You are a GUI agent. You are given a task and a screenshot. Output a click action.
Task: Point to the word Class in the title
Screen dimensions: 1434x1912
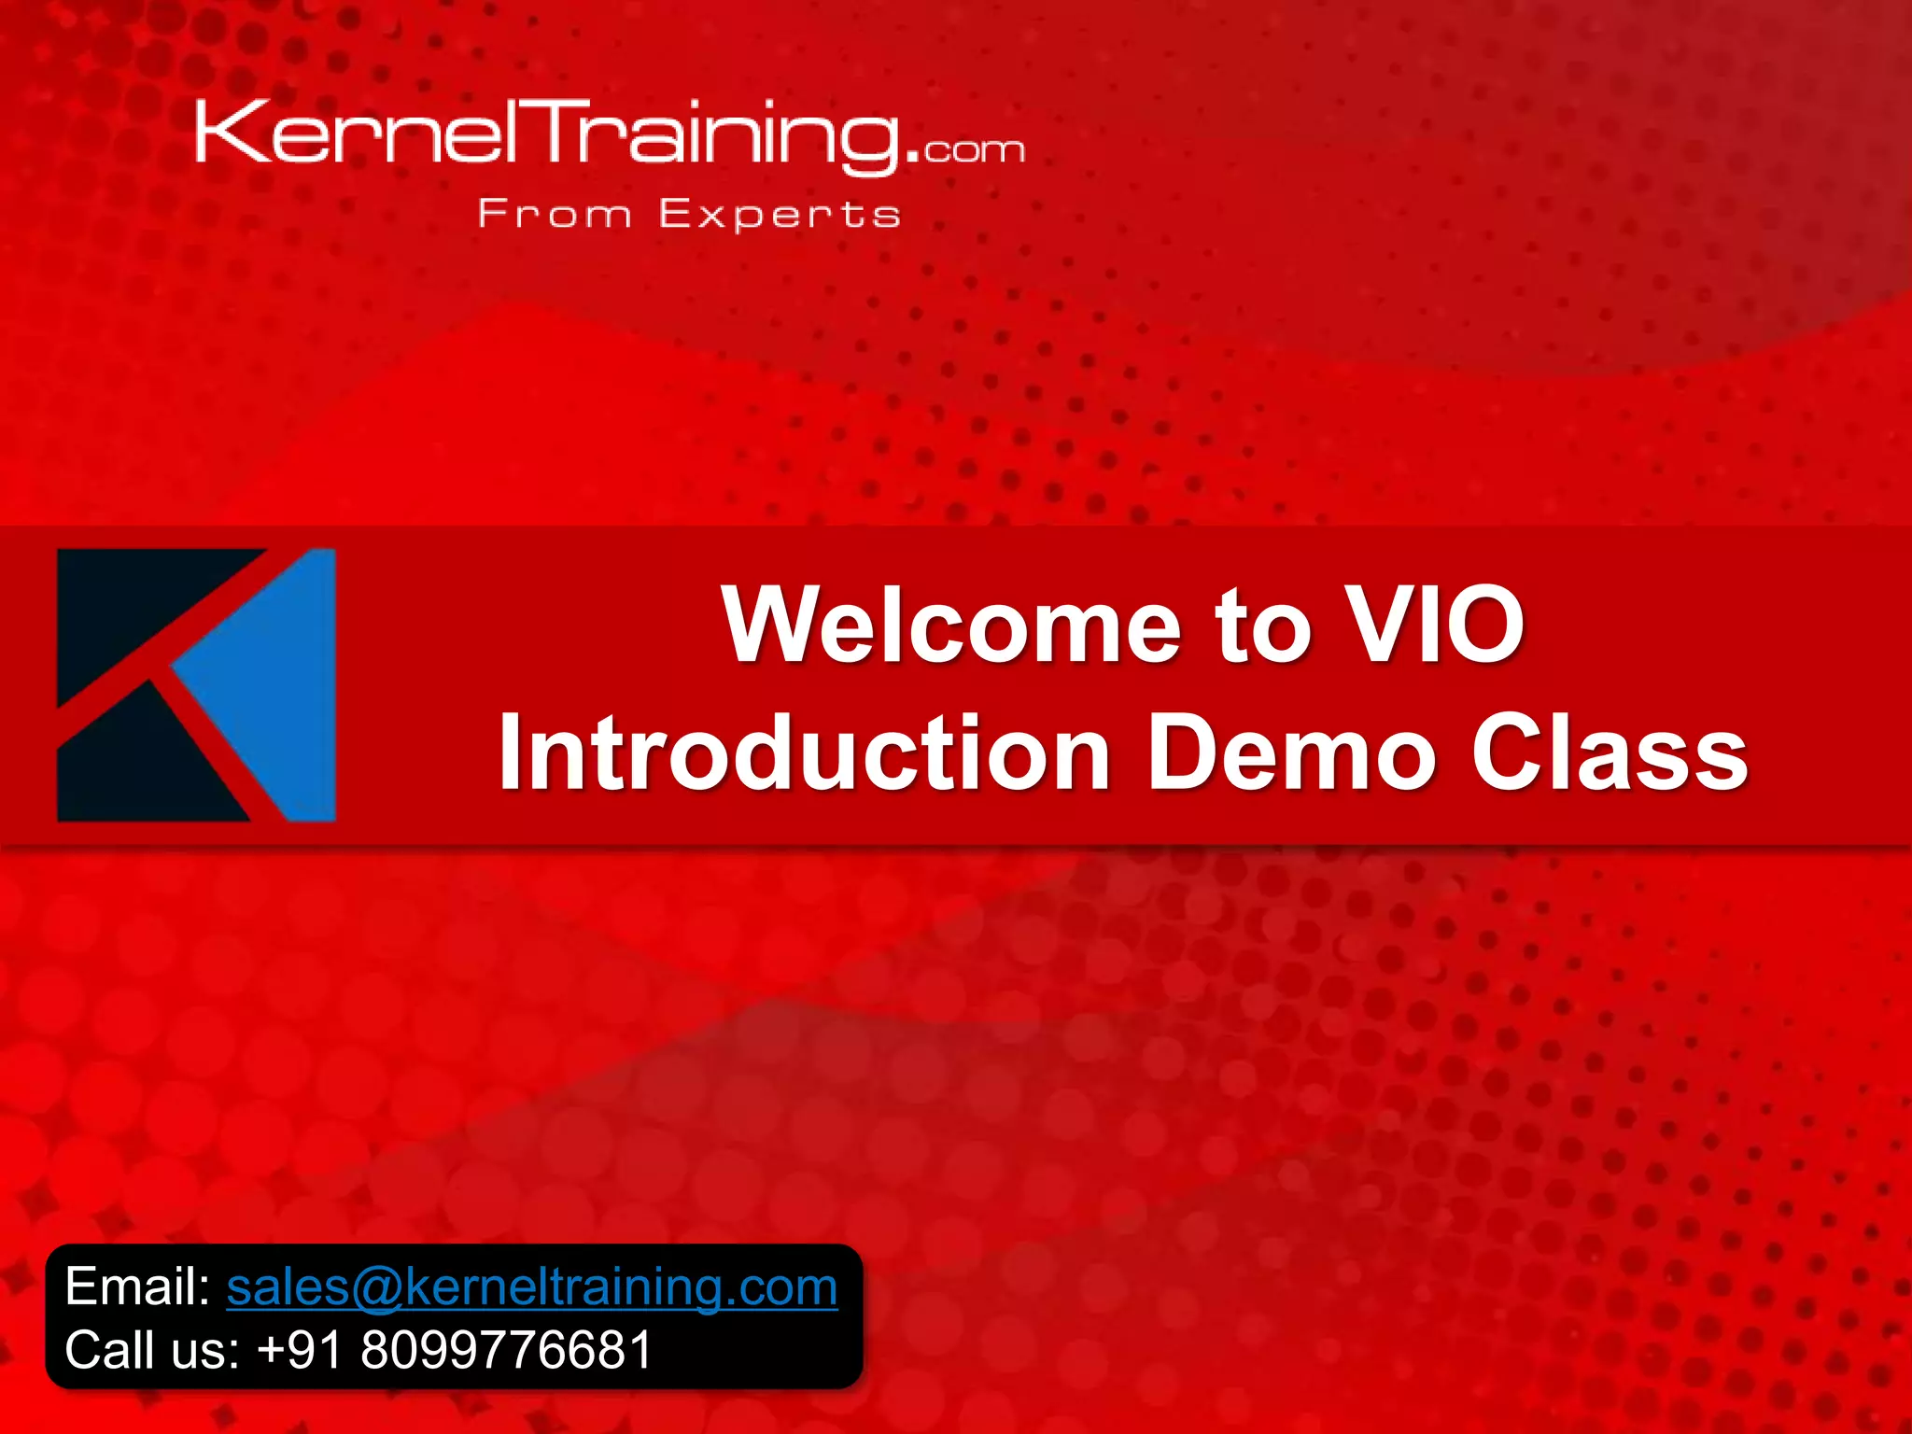coord(1610,752)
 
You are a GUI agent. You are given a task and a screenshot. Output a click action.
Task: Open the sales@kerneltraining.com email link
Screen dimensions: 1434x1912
coord(532,1287)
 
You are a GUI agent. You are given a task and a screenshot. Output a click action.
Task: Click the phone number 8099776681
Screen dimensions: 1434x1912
coord(506,1350)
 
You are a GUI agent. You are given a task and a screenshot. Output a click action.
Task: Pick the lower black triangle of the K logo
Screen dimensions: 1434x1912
coord(140,766)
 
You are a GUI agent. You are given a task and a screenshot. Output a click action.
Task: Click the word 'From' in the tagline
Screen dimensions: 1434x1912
coord(555,215)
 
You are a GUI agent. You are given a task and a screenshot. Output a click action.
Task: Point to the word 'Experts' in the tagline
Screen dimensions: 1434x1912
coord(780,215)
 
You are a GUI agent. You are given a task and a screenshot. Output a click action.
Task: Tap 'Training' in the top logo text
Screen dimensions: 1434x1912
coord(719,135)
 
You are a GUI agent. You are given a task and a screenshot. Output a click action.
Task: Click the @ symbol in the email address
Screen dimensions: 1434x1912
coord(376,1288)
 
